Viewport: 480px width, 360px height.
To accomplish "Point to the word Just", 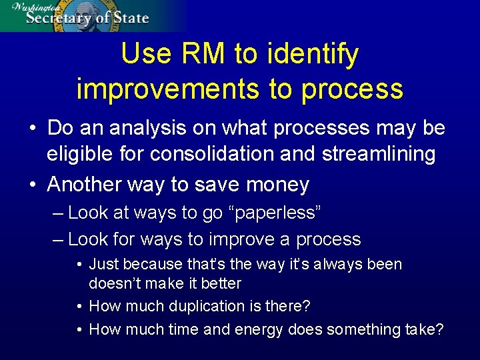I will (x=103, y=264).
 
